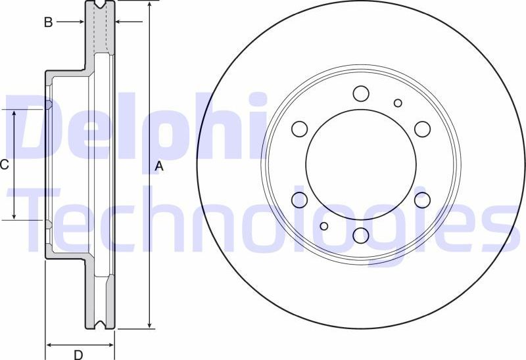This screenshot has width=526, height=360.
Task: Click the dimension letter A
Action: (x=158, y=167)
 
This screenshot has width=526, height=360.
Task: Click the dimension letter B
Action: (x=48, y=22)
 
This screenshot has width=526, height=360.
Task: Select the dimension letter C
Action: (x=5, y=164)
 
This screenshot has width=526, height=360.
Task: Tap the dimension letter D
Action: (x=78, y=355)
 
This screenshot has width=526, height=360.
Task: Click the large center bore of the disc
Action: (x=360, y=164)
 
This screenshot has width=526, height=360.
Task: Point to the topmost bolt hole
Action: (x=360, y=93)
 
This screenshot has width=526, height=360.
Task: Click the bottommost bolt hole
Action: (x=360, y=235)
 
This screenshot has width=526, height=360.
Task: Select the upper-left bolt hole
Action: (x=299, y=129)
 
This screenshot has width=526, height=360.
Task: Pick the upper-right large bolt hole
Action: (x=422, y=129)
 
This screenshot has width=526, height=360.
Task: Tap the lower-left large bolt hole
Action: (x=299, y=200)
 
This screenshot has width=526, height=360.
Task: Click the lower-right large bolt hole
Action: (x=422, y=200)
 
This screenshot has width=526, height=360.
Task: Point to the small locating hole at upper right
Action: (x=398, y=102)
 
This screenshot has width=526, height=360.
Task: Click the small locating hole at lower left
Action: (x=323, y=226)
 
